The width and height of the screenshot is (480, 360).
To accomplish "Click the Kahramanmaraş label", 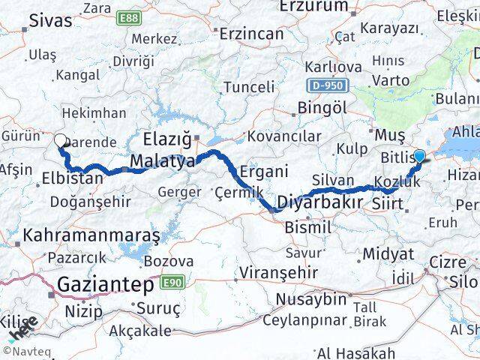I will [x=92, y=235].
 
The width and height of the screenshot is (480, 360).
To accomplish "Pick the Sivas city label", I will [x=52, y=21].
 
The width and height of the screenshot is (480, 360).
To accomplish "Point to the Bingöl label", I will [x=322, y=107].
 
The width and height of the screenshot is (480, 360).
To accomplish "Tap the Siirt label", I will [x=388, y=203].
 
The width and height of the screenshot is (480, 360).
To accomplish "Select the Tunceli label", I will [x=249, y=87].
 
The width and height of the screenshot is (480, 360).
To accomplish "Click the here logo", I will [x=25, y=328].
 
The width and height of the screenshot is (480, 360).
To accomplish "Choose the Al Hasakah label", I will [x=355, y=352].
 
